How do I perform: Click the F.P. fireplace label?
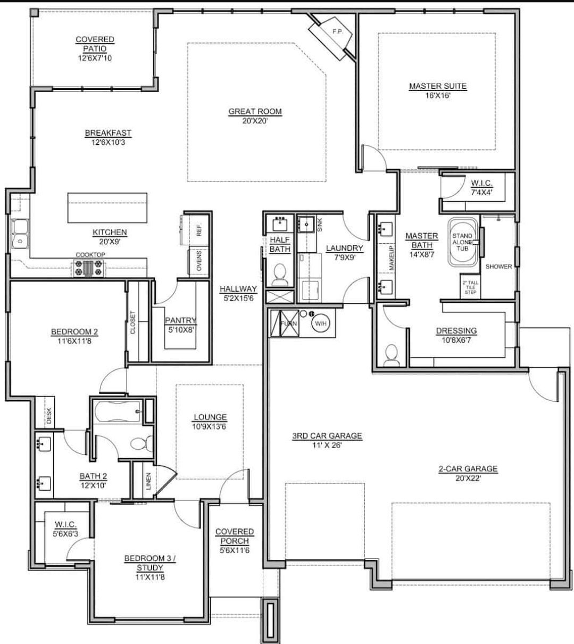[x=336, y=31]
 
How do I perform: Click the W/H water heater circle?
[x=320, y=323]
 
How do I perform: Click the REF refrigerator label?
[x=199, y=231]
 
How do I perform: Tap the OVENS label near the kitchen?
[x=199, y=261]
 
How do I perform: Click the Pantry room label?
[x=180, y=320]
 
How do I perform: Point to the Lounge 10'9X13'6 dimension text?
[x=210, y=426]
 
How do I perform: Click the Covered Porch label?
[x=235, y=536]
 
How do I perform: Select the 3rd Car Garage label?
[x=327, y=436]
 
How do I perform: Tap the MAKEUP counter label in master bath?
[x=392, y=259]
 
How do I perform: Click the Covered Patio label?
[x=95, y=44]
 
